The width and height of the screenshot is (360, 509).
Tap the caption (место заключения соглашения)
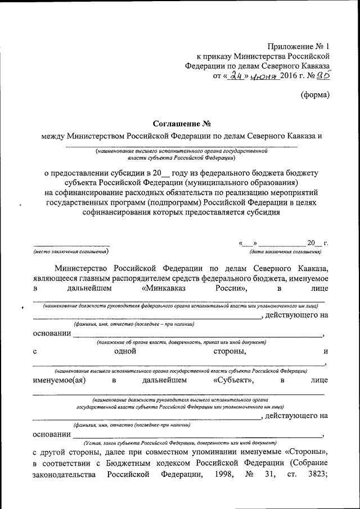pyautogui.click(x=71, y=251)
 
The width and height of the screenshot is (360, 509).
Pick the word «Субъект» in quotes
pyautogui.click(x=233, y=381)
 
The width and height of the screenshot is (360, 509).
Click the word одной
pyautogui.click(x=125, y=352)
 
